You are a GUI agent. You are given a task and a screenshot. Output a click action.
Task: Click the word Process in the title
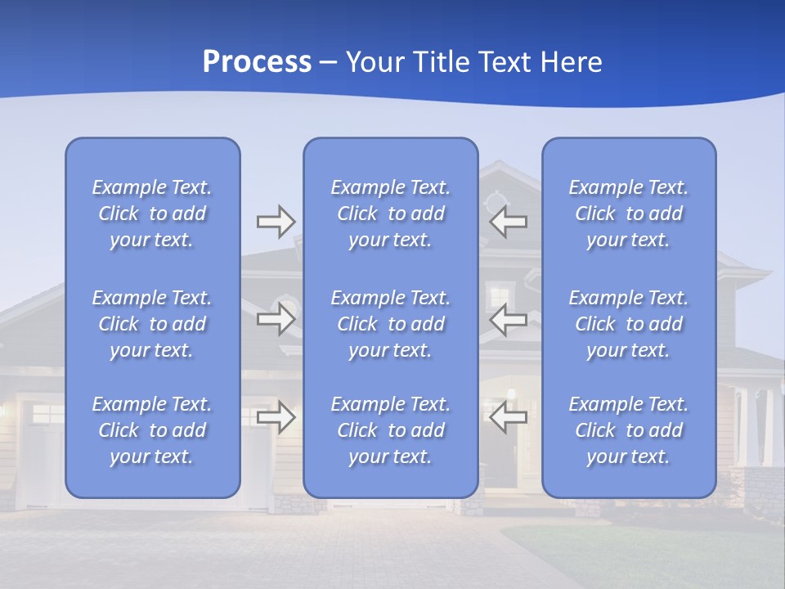[257, 62]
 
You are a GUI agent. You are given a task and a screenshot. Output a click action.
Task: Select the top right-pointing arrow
[276, 221]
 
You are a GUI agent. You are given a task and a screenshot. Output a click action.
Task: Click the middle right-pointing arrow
[276, 319]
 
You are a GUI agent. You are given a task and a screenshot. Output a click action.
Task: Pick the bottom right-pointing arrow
[276, 417]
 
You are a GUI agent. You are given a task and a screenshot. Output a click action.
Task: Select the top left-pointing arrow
[508, 221]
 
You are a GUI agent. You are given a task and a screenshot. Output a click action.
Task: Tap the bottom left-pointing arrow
[508, 417]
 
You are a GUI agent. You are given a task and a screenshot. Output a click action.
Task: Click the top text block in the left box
[152, 214]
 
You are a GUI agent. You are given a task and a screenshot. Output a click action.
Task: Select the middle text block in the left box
[152, 324]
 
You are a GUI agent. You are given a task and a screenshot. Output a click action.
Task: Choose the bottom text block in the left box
[152, 430]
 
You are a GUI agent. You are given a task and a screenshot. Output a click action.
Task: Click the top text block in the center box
[391, 214]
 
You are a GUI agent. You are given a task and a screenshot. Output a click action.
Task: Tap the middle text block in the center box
[391, 324]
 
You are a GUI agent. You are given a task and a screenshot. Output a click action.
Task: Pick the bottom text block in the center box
[391, 430]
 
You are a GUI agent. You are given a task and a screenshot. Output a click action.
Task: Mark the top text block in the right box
[629, 214]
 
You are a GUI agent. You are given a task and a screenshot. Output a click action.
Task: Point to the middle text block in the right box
[629, 324]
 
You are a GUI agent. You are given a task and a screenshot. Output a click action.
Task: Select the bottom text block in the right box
[629, 430]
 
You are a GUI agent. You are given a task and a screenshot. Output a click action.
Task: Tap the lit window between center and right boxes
[498, 294]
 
